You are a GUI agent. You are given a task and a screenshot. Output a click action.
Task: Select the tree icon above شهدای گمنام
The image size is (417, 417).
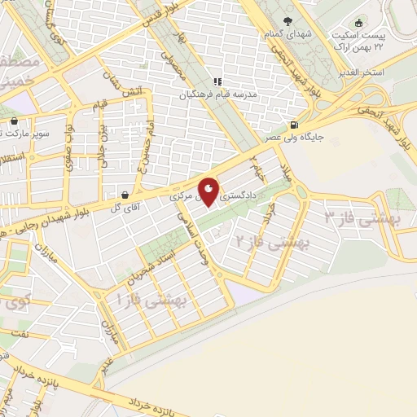[287, 22]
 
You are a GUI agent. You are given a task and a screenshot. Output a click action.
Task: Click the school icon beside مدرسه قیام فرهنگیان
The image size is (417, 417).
[217, 81]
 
